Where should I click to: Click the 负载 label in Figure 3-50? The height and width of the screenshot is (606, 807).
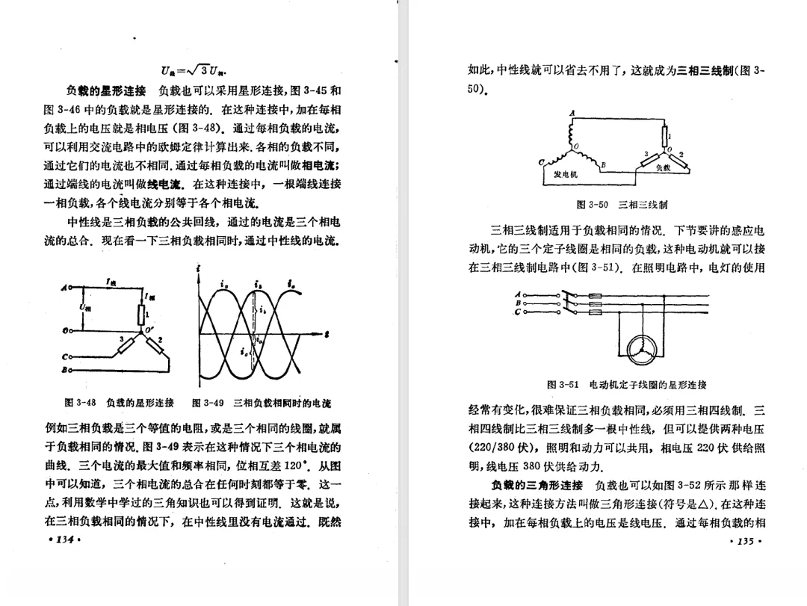click(664, 169)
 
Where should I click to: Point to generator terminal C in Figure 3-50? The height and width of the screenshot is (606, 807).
click(541, 162)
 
